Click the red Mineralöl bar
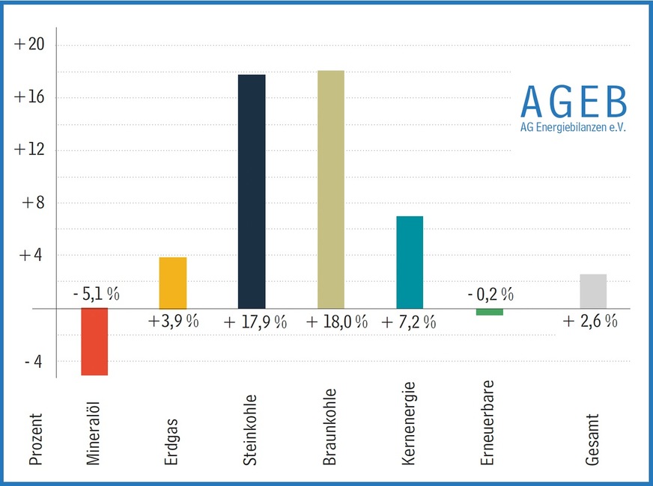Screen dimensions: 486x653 point(94,342)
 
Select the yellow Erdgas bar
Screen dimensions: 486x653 point(173,283)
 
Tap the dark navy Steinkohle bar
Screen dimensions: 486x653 point(252,191)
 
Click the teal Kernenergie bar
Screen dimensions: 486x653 point(410,262)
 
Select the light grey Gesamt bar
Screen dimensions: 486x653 point(593,291)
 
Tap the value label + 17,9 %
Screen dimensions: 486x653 point(255,322)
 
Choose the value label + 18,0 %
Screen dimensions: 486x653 point(337,322)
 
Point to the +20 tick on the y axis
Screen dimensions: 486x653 point(30,45)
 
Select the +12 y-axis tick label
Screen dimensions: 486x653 point(30,150)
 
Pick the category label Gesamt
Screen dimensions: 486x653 point(593,441)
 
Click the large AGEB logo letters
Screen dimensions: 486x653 point(573,102)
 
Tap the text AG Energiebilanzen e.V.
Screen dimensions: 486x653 point(573,127)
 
